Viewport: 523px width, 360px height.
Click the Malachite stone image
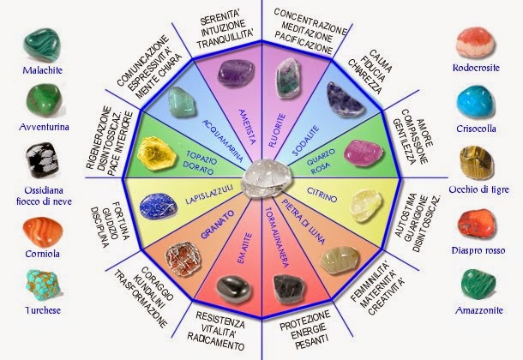[x=42, y=45]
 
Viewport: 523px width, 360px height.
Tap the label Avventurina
[x=44, y=127]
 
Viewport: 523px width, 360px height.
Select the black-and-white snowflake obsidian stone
[x=42, y=160]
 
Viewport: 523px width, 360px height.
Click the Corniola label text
[x=42, y=254]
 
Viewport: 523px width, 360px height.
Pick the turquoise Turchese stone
[x=43, y=285]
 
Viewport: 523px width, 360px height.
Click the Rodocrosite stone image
[x=476, y=42]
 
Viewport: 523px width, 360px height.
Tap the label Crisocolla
[x=476, y=129]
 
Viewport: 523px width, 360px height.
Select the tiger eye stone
[x=476, y=163]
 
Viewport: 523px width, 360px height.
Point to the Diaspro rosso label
[x=478, y=250]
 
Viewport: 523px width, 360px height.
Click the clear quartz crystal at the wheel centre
[x=268, y=177]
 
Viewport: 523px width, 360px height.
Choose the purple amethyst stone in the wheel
[x=236, y=73]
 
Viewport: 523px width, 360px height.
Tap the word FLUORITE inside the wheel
[x=278, y=130]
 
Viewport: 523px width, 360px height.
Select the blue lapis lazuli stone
[x=159, y=206]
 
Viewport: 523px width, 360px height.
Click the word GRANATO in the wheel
[x=218, y=225]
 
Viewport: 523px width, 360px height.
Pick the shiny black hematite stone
[x=234, y=289]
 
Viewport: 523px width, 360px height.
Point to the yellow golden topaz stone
[x=156, y=153]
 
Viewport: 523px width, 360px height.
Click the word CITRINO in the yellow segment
[x=322, y=195]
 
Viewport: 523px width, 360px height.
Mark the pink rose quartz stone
[x=364, y=153]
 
